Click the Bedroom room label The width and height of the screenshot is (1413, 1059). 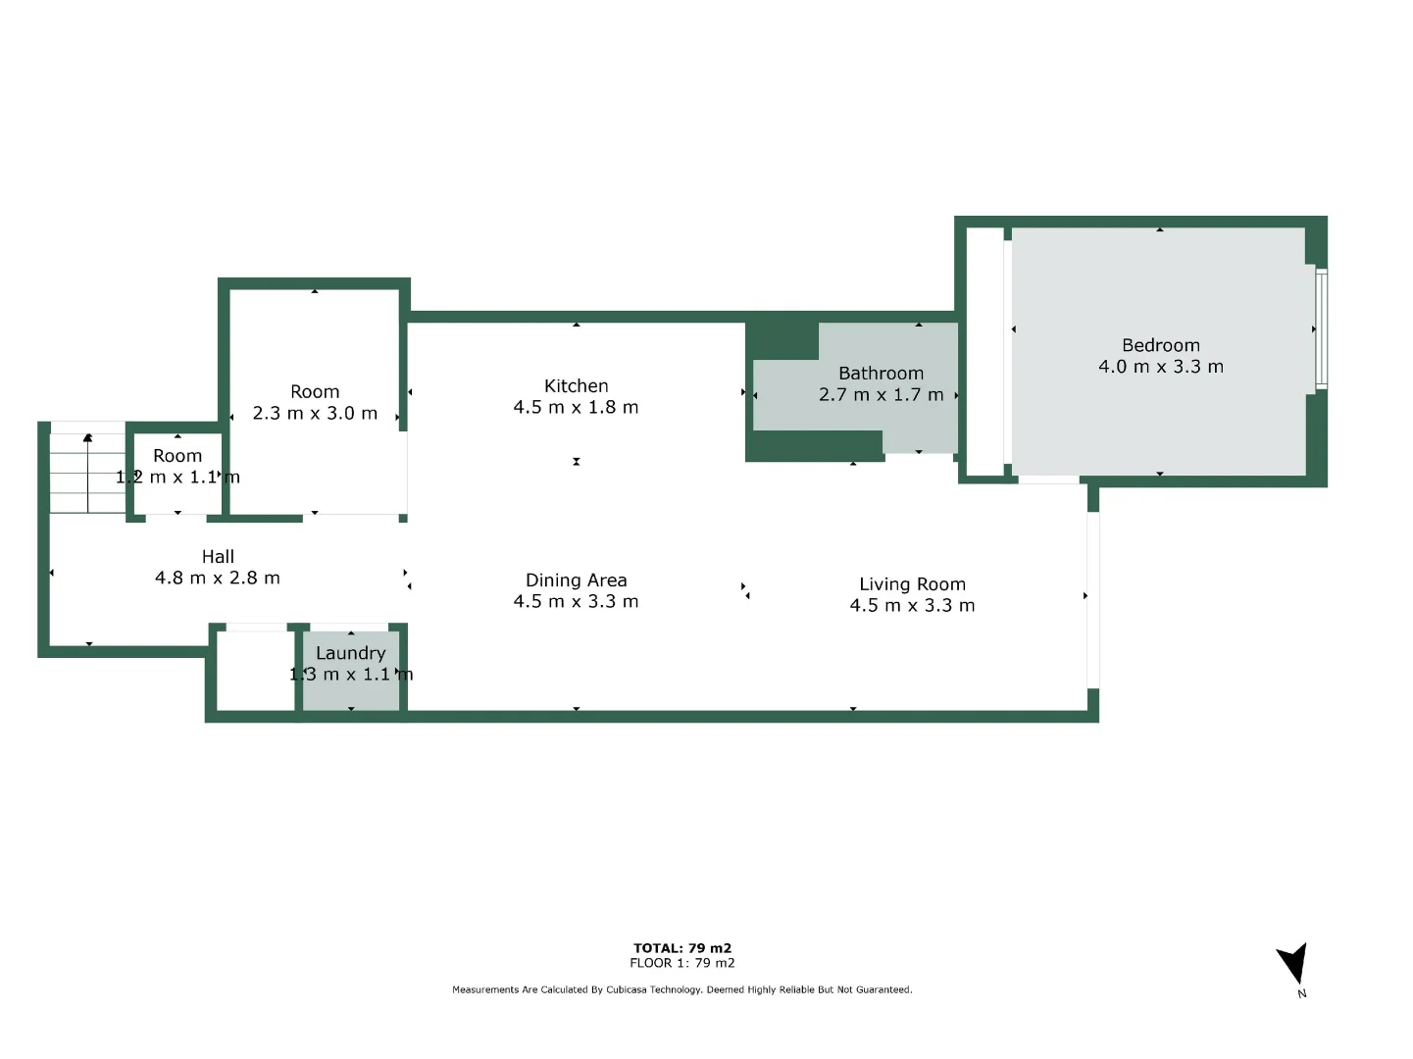[1160, 345]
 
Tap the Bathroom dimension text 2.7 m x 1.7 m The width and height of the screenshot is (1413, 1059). [881, 395]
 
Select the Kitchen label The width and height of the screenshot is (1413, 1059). [576, 386]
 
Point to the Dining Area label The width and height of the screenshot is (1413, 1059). [576, 580]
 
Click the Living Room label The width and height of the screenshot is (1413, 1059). [912, 584]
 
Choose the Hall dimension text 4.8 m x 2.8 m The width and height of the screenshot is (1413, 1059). [218, 579]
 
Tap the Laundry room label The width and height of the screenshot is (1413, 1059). [350, 653]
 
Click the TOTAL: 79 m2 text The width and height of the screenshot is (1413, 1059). [682, 948]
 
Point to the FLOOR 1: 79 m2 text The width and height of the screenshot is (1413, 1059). [682, 963]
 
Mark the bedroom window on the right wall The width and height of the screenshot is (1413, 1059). [1321, 328]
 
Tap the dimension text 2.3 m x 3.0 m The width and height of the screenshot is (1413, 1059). [315, 414]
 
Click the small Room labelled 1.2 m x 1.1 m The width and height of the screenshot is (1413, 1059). [177, 467]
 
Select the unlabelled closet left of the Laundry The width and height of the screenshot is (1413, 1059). [254, 670]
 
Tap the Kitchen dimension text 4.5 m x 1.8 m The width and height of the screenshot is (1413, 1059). [576, 408]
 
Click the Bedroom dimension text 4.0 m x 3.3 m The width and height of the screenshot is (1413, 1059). [1160, 367]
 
